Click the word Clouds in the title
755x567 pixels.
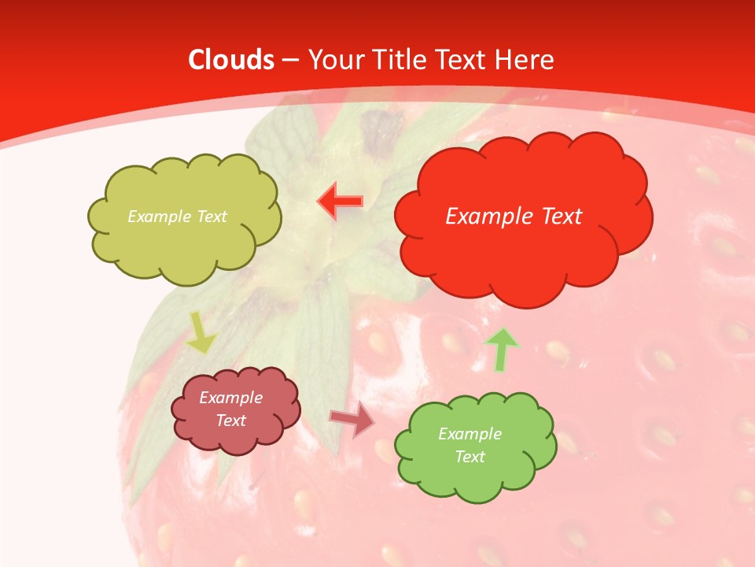(231, 60)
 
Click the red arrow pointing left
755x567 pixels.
(341, 202)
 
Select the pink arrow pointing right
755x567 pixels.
(352, 421)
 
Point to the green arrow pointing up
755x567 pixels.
(501, 349)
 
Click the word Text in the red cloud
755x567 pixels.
(561, 217)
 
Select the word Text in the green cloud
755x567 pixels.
(470, 457)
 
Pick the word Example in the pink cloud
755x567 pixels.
(230, 398)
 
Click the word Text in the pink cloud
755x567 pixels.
(230, 421)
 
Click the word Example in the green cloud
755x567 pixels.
(470, 434)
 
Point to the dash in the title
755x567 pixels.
(289, 61)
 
